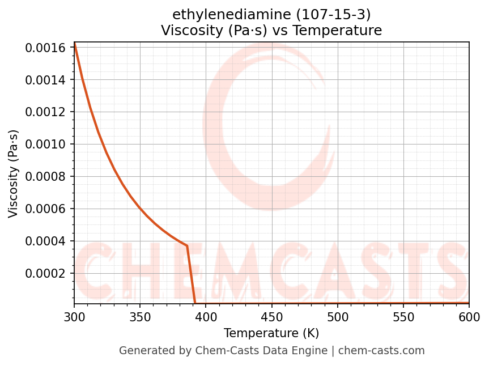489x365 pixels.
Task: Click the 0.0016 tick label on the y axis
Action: pyautogui.click(x=46, y=48)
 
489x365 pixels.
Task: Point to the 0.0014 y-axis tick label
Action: pyautogui.click(x=46, y=80)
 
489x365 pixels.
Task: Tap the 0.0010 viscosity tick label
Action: pyautogui.click(x=46, y=145)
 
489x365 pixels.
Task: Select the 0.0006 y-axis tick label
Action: pyautogui.click(x=46, y=209)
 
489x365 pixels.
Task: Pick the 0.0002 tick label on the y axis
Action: pyautogui.click(x=46, y=274)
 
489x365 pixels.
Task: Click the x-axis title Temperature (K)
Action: pyautogui.click(x=271, y=333)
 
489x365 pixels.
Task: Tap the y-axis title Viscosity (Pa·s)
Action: pyautogui.click(x=14, y=173)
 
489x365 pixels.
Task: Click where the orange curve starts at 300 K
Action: pyautogui.click(x=74, y=43)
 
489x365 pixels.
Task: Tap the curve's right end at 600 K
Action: pyautogui.click(x=469, y=303)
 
